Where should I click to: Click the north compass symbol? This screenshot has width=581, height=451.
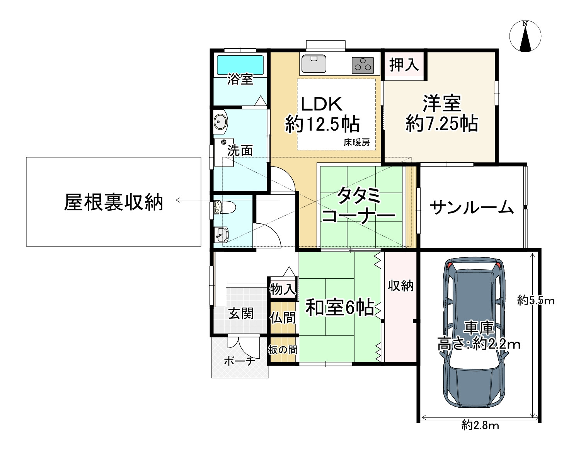click(525, 36)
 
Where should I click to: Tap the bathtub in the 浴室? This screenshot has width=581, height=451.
click(240, 65)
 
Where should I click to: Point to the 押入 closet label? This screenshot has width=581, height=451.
click(404, 65)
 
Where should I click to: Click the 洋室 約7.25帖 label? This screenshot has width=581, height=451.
click(441, 113)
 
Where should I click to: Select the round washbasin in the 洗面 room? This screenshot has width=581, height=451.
click(221, 123)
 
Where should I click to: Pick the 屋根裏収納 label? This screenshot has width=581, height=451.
click(114, 202)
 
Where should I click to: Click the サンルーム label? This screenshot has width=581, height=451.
click(472, 208)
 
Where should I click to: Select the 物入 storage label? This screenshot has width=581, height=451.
click(283, 289)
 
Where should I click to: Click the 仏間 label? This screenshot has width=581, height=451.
click(283, 318)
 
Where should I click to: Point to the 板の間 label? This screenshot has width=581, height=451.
click(283, 350)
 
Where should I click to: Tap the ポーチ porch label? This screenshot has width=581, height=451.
click(239, 361)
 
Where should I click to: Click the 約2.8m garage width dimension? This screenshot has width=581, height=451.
click(480, 426)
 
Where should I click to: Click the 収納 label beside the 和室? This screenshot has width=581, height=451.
click(400, 286)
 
